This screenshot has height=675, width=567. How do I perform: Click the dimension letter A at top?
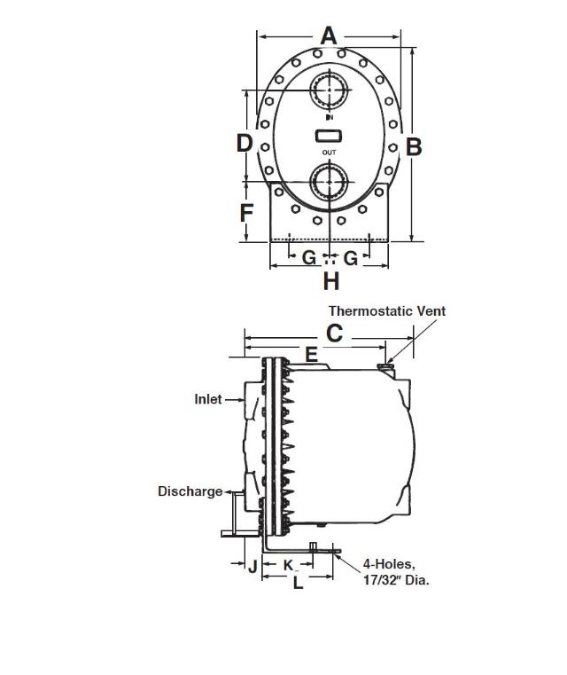(329, 35)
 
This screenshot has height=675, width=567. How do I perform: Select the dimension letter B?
(413, 146)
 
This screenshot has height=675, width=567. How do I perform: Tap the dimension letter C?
(334, 334)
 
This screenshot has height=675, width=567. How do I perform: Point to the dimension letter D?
(245, 142)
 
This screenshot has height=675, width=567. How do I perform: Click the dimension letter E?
(311, 355)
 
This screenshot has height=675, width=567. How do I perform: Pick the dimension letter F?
(246, 213)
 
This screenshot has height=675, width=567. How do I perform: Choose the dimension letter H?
(330, 281)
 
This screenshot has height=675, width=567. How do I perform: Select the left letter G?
(309, 257)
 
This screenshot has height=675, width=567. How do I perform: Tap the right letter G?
(351, 257)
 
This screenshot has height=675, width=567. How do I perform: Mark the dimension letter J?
(252, 567)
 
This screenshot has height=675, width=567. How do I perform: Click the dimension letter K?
(288, 565)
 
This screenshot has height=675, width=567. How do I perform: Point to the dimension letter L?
(298, 583)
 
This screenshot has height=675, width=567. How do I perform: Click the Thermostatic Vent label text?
(387, 311)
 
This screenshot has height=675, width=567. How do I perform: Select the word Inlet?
(208, 399)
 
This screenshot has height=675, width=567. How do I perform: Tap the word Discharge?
(190, 491)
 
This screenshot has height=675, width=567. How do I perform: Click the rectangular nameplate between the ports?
(329, 136)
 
